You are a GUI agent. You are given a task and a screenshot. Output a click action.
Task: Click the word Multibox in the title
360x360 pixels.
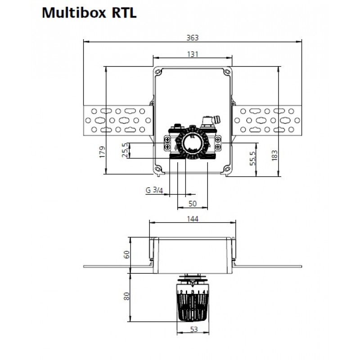click(74, 13)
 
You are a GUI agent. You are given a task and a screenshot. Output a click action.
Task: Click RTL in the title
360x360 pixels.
click(124, 13)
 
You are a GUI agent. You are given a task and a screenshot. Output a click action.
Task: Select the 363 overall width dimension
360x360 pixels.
click(193, 38)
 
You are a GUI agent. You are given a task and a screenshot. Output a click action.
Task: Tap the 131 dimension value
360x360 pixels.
click(193, 54)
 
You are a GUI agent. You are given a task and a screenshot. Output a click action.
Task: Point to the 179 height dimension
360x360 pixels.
click(102, 152)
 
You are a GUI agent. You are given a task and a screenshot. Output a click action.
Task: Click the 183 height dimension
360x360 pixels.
click(274, 155)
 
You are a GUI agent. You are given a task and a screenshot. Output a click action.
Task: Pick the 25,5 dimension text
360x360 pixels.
click(125, 150)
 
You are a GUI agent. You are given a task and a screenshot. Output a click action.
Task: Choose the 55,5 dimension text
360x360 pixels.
click(252, 158)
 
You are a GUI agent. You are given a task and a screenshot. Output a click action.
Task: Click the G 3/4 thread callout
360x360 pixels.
click(154, 190)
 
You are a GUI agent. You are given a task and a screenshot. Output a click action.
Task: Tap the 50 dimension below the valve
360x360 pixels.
click(193, 204)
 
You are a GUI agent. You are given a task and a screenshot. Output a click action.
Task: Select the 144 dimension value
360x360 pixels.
click(193, 219)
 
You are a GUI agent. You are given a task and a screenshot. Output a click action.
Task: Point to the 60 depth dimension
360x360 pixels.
click(127, 255)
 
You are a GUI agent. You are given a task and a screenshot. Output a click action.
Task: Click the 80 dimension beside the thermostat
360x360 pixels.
click(126, 296)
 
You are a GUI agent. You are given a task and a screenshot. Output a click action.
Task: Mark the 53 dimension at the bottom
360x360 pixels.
click(194, 329)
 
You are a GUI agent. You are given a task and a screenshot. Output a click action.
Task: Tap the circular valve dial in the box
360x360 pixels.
click(193, 143)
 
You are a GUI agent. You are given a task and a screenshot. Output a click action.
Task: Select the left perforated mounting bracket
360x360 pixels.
click(118, 121)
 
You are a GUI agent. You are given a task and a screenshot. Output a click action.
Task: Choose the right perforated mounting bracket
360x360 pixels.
click(267, 121)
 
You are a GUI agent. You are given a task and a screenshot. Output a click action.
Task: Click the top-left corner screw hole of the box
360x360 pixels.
click(158, 72)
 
